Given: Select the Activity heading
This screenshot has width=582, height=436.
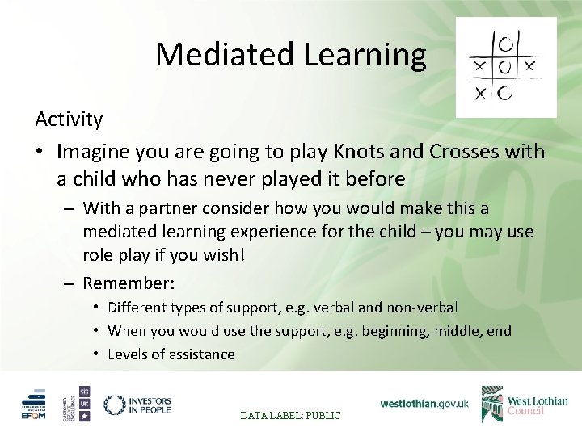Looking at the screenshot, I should [69, 119].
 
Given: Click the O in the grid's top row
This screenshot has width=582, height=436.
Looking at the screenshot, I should [505, 41].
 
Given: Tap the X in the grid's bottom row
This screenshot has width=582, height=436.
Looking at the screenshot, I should [480, 94].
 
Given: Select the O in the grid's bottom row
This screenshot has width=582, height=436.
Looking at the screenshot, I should [505, 94].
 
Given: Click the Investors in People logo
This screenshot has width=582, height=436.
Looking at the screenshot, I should [137, 405].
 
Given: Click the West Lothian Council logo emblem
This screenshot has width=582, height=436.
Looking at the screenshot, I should [492, 404].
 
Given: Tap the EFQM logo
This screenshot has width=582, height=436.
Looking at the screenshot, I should [34, 405].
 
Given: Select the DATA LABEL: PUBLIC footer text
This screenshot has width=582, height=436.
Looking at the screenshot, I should [291, 415].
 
